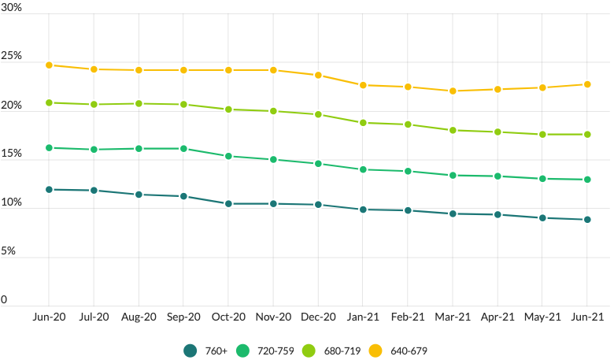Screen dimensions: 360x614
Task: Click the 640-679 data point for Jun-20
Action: point(49,65)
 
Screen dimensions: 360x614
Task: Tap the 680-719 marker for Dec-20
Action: point(318,114)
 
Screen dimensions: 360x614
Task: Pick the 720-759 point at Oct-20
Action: point(228,156)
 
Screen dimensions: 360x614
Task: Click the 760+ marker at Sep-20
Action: point(183,196)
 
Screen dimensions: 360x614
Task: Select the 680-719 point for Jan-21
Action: point(363,123)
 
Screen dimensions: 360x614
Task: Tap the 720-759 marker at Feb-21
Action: point(408,171)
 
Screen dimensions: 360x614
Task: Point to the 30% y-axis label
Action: point(11,9)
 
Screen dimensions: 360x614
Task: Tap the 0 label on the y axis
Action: point(4,300)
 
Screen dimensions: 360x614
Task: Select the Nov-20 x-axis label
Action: point(273,317)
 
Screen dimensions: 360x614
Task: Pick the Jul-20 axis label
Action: point(94,317)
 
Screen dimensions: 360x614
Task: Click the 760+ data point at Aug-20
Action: point(139,195)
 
